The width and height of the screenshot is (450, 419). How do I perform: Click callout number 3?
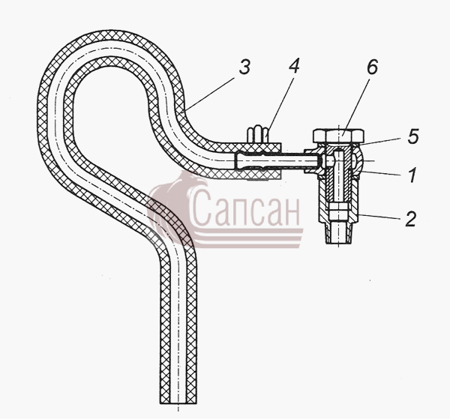click(x=244, y=67)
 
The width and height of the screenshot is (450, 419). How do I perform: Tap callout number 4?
click(x=294, y=66)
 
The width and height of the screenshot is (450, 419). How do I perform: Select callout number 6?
click(x=372, y=67)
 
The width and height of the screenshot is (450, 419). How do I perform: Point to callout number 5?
click(x=413, y=136)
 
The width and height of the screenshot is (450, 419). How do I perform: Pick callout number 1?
click(x=412, y=175)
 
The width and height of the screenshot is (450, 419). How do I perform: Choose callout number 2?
click(x=411, y=219)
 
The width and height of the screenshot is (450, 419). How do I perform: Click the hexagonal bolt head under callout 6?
click(x=339, y=136)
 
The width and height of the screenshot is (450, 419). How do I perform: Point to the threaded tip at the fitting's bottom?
click(x=339, y=233)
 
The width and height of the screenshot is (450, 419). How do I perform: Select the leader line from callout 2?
click(x=379, y=217)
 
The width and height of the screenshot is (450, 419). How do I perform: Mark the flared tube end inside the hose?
click(x=248, y=161)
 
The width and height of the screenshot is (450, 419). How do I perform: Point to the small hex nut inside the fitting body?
click(x=339, y=211)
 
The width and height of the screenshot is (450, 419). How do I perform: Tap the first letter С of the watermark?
click(x=199, y=208)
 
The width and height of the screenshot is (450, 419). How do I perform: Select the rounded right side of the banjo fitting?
click(x=358, y=161)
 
